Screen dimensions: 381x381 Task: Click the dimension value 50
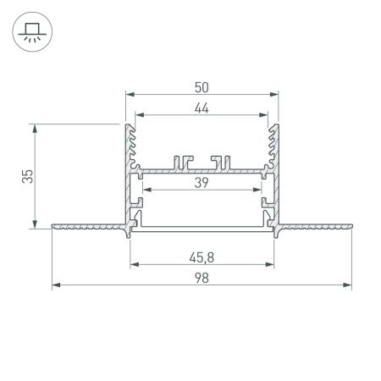[x=202, y=86]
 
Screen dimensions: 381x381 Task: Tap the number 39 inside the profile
[x=202, y=183]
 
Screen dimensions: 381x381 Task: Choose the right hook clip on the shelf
[x=223, y=161]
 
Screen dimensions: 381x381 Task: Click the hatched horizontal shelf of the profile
[x=202, y=171]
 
